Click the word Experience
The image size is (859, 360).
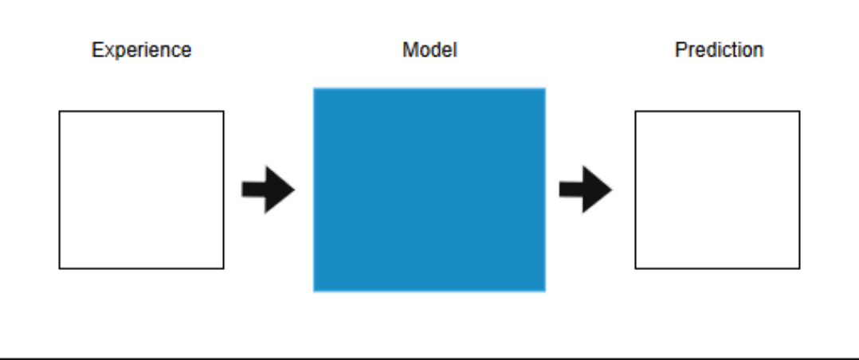point(141,50)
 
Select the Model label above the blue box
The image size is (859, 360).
point(429,50)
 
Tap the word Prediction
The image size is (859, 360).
point(719,50)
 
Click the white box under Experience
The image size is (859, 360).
point(141,190)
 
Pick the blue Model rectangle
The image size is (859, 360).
point(429,190)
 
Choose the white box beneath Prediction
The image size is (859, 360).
point(717,190)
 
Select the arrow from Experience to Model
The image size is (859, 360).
point(269,190)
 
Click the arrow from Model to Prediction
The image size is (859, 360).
point(586,190)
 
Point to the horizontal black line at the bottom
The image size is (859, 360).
point(429,358)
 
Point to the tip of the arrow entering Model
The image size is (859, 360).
point(294,190)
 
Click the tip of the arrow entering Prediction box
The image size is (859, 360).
point(611,190)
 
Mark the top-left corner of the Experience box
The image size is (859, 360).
point(60,112)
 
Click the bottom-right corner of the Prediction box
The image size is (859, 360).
point(799,268)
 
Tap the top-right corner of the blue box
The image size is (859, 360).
point(545,88)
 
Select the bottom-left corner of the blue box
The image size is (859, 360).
point(314,291)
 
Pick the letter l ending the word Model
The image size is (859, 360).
point(455,50)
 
